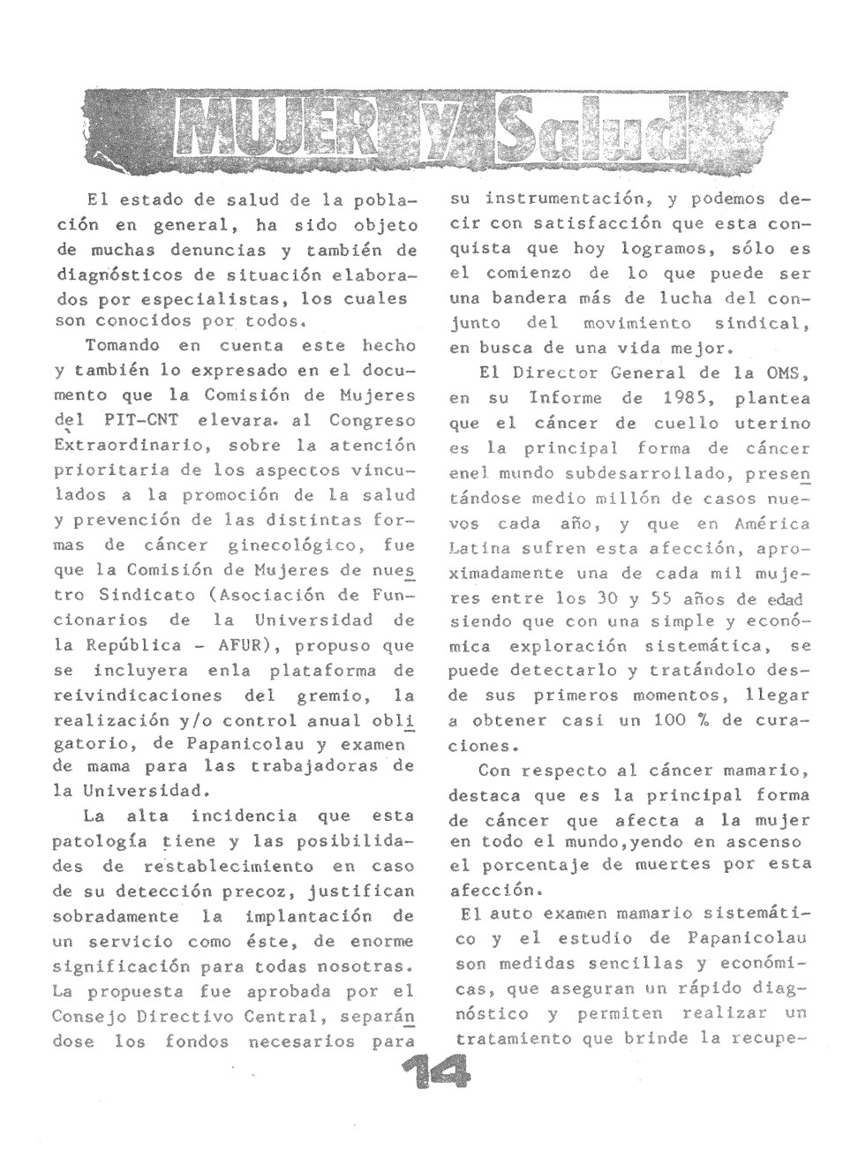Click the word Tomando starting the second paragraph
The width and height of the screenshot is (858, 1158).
coord(122,347)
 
